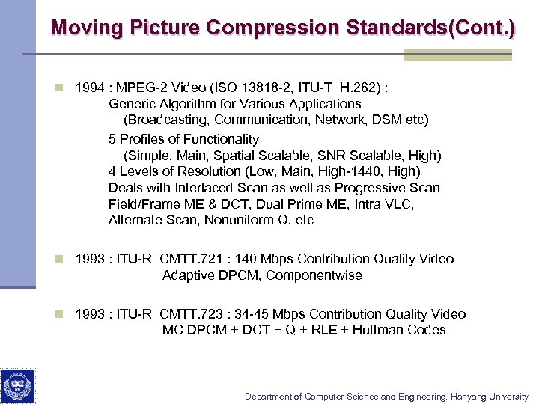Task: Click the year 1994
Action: pyautogui.click(x=90, y=88)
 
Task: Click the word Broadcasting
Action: pyautogui.click(x=164, y=120)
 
